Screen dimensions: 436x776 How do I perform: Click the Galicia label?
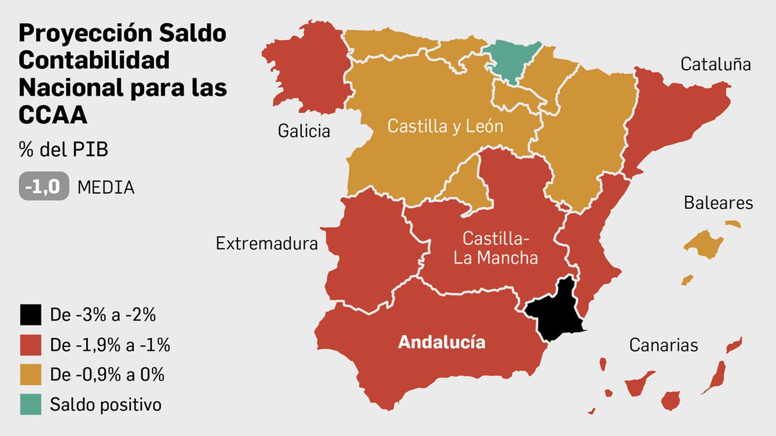click(304, 131)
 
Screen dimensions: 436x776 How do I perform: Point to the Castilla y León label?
click(445, 126)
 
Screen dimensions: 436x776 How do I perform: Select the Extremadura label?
click(267, 243)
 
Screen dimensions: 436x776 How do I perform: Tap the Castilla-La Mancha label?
click(496, 248)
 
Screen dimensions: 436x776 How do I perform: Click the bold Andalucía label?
click(441, 342)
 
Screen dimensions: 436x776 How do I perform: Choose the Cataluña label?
click(715, 64)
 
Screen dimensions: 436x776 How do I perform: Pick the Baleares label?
click(718, 202)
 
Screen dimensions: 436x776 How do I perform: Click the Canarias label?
click(663, 345)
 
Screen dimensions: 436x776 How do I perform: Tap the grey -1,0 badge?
click(44, 187)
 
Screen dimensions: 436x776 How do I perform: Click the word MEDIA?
click(106, 187)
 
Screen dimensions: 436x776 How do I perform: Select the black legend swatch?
click(31, 315)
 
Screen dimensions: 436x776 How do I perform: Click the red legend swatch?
click(31, 345)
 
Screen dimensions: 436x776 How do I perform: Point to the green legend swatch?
click(31, 405)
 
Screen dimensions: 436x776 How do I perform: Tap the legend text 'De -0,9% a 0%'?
click(107, 374)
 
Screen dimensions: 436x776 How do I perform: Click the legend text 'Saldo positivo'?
click(106, 405)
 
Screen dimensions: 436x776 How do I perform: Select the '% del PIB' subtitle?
click(63, 149)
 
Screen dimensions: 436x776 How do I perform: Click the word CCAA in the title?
click(53, 115)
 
